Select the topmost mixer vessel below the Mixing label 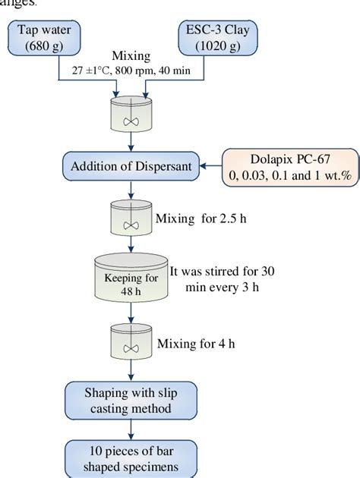(131, 115)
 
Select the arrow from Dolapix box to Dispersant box (210, 165)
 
